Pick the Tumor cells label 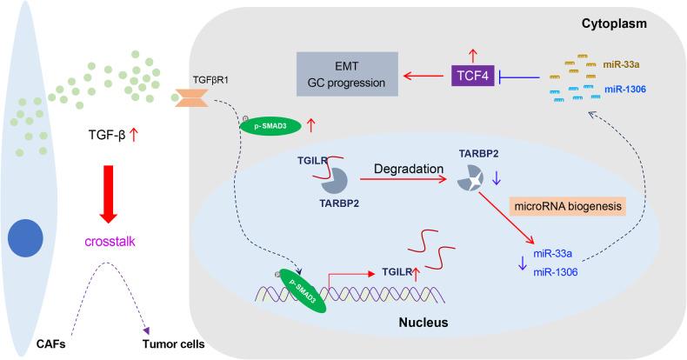[174, 343]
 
